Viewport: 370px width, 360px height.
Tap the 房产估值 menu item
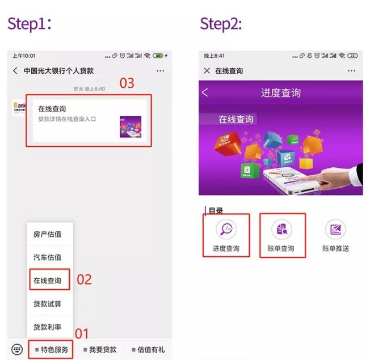[47, 234]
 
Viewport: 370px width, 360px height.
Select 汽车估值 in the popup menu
[47, 257]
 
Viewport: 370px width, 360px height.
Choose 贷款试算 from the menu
[47, 304]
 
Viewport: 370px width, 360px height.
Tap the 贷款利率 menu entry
[47, 327]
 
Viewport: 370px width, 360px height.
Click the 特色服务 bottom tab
[51, 349]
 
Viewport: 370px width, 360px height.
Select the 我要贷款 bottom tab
[100, 349]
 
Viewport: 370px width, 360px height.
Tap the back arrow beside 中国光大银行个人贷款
[15, 71]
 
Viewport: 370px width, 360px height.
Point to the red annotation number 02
[84, 279]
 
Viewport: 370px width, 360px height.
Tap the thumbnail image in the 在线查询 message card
[130, 126]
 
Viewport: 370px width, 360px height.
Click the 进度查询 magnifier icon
[225, 229]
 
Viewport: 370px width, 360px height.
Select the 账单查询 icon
[282, 229]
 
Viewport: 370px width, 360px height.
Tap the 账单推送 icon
[335, 229]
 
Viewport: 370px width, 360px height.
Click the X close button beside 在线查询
[207, 71]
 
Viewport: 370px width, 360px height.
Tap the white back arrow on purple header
[205, 92]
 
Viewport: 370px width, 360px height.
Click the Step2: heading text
[221, 23]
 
